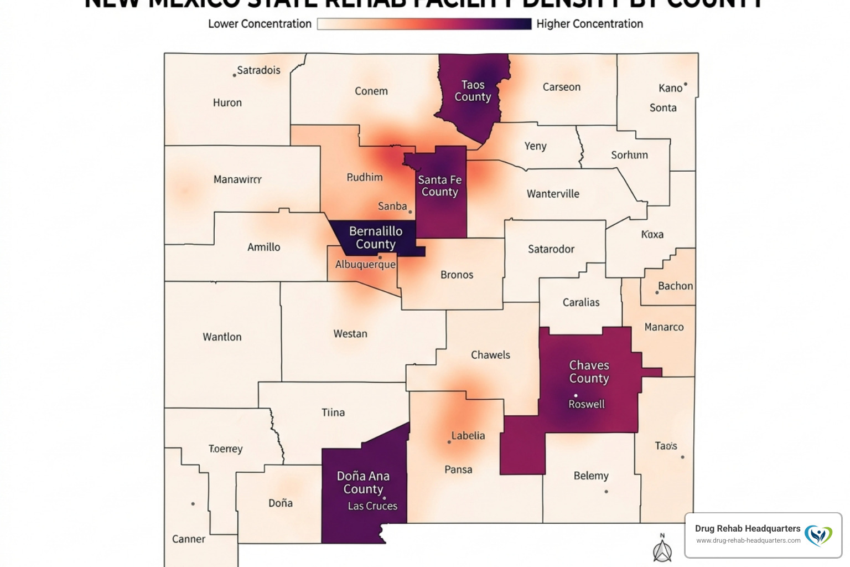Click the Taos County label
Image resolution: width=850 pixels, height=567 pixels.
[473, 91]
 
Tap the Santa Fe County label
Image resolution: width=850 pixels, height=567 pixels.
[439, 185]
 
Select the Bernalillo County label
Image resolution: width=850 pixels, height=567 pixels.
[376, 238]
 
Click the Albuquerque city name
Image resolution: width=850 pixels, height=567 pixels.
[365, 265]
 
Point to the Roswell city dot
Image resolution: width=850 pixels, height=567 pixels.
[576, 395]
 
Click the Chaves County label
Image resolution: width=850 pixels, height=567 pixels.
[589, 372]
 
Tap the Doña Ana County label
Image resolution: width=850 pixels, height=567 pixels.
[363, 482]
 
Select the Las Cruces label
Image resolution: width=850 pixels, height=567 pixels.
[372, 506]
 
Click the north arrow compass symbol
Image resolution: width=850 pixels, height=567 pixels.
[662, 549]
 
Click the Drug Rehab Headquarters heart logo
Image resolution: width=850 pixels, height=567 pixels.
[818, 535]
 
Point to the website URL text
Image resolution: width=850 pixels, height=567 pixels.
[748, 540]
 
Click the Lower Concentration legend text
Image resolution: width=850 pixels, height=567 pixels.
[260, 24]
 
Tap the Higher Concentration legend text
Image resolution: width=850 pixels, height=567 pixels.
[589, 24]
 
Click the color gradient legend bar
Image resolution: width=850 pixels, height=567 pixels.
[424, 24]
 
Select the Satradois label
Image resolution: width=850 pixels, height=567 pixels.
[258, 70]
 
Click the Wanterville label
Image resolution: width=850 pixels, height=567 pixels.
[553, 194]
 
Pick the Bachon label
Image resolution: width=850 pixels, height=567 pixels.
[675, 286]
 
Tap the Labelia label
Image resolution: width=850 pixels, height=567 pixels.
[468, 436]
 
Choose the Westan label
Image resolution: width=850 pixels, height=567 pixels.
[350, 334]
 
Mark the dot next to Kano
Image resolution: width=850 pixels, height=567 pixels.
[685, 85]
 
